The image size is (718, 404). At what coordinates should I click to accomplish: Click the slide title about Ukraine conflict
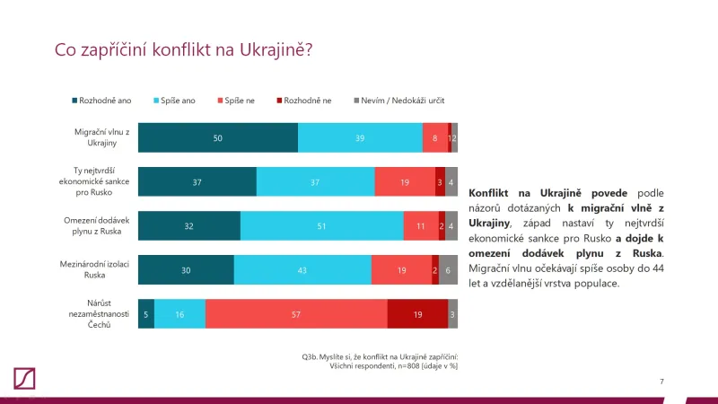pyautogui.click(x=184, y=50)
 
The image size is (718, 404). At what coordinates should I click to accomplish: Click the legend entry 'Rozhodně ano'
pyautogui.click(x=102, y=101)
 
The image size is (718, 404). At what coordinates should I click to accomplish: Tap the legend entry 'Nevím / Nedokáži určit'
pyautogui.click(x=400, y=101)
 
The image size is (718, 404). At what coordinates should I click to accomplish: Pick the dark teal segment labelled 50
pyautogui.click(x=217, y=137)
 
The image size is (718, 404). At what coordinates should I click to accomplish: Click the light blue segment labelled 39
pyautogui.click(x=360, y=137)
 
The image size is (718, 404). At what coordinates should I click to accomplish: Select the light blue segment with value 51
pyautogui.click(x=321, y=226)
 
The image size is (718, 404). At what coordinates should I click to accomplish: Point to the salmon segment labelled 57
pyautogui.click(x=296, y=314)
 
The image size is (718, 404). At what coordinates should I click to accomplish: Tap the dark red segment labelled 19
pyautogui.click(x=417, y=314)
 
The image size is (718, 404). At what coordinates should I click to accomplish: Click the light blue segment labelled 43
pyautogui.click(x=302, y=270)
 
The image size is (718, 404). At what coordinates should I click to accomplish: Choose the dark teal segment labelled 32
pyautogui.click(x=189, y=226)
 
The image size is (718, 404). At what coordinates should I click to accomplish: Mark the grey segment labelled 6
pyautogui.click(x=448, y=270)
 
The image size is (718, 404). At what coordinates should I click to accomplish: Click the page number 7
pyautogui.click(x=661, y=382)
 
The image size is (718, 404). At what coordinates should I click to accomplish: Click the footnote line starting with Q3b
pyautogui.click(x=381, y=357)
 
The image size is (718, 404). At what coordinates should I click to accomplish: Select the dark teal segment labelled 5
pyautogui.click(x=146, y=314)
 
